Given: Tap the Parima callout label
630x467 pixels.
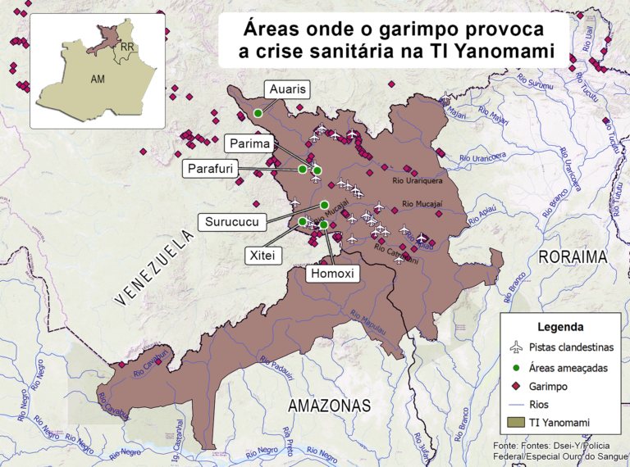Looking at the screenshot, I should (x=250, y=144).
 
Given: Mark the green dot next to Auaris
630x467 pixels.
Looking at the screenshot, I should (x=258, y=112).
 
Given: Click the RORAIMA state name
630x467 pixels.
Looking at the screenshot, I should (x=573, y=256).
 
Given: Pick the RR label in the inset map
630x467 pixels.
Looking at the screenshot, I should (x=126, y=48).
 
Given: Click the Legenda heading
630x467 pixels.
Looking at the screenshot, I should (x=560, y=326).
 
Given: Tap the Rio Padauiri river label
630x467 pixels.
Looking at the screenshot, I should (x=276, y=362).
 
